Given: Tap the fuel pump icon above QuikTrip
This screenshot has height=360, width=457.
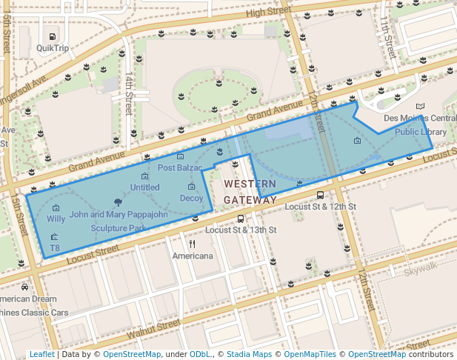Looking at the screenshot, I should pyautogui.click(x=53, y=36).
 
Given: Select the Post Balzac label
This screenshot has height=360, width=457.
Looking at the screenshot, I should pyautogui.click(x=180, y=168).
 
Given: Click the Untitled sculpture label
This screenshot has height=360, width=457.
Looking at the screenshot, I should pyautogui.click(x=144, y=187).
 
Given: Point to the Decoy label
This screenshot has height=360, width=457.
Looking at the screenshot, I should pyautogui.click(x=191, y=198).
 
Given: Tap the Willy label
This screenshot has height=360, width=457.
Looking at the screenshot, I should pyautogui.click(x=56, y=219).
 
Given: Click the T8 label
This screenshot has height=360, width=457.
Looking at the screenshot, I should pyautogui.click(x=54, y=248).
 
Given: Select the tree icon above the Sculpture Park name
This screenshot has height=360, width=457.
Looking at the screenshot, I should pyautogui.click(x=117, y=201).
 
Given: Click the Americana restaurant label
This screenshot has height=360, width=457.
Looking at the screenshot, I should pyautogui.click(x=193, y=256).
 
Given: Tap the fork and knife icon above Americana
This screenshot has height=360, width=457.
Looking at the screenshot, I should pyautogui.click(x=193, y=244).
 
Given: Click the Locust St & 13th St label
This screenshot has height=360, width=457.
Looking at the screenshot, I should pyautogui.click(x=241, y=230).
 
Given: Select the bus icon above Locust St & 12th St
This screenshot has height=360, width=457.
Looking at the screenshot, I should pyautogui.click(x=320, y=196).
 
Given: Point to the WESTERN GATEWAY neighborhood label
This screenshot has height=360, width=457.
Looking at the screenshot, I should pyautogui.click(x=250, y=192).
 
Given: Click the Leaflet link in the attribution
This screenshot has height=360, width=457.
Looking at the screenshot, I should pyautogui.click(x=42, y=355).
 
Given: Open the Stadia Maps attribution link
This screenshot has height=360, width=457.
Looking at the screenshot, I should pyautogui.click(x=247, y=355).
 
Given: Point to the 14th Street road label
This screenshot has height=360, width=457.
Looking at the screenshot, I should pyautogui.click(x=129, y=93).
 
